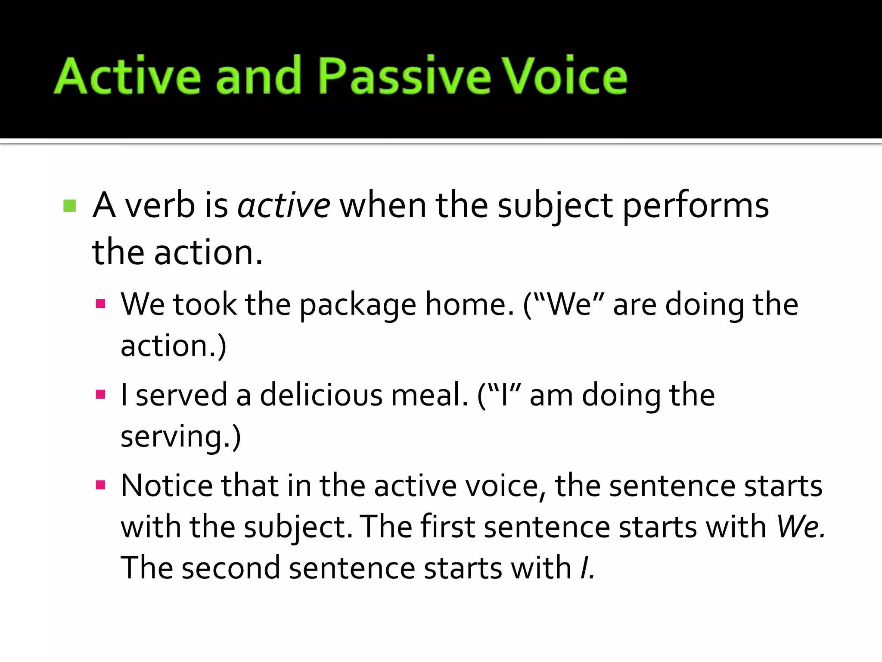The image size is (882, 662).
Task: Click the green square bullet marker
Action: (69, 206)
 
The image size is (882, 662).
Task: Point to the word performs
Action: (696, 206)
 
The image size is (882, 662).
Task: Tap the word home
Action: (469, 304)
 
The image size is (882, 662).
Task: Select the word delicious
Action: (321, 395)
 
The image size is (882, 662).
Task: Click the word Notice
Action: (167, 486)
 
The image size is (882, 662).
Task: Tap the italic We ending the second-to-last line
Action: (800, 527)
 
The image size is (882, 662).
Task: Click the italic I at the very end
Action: (587, 568)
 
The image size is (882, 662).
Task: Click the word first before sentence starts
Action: (447, 527)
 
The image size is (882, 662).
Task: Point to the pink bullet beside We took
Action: (101, 304)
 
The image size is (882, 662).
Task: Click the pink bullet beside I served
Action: (101, 395)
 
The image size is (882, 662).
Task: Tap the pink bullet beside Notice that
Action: (101, 486)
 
